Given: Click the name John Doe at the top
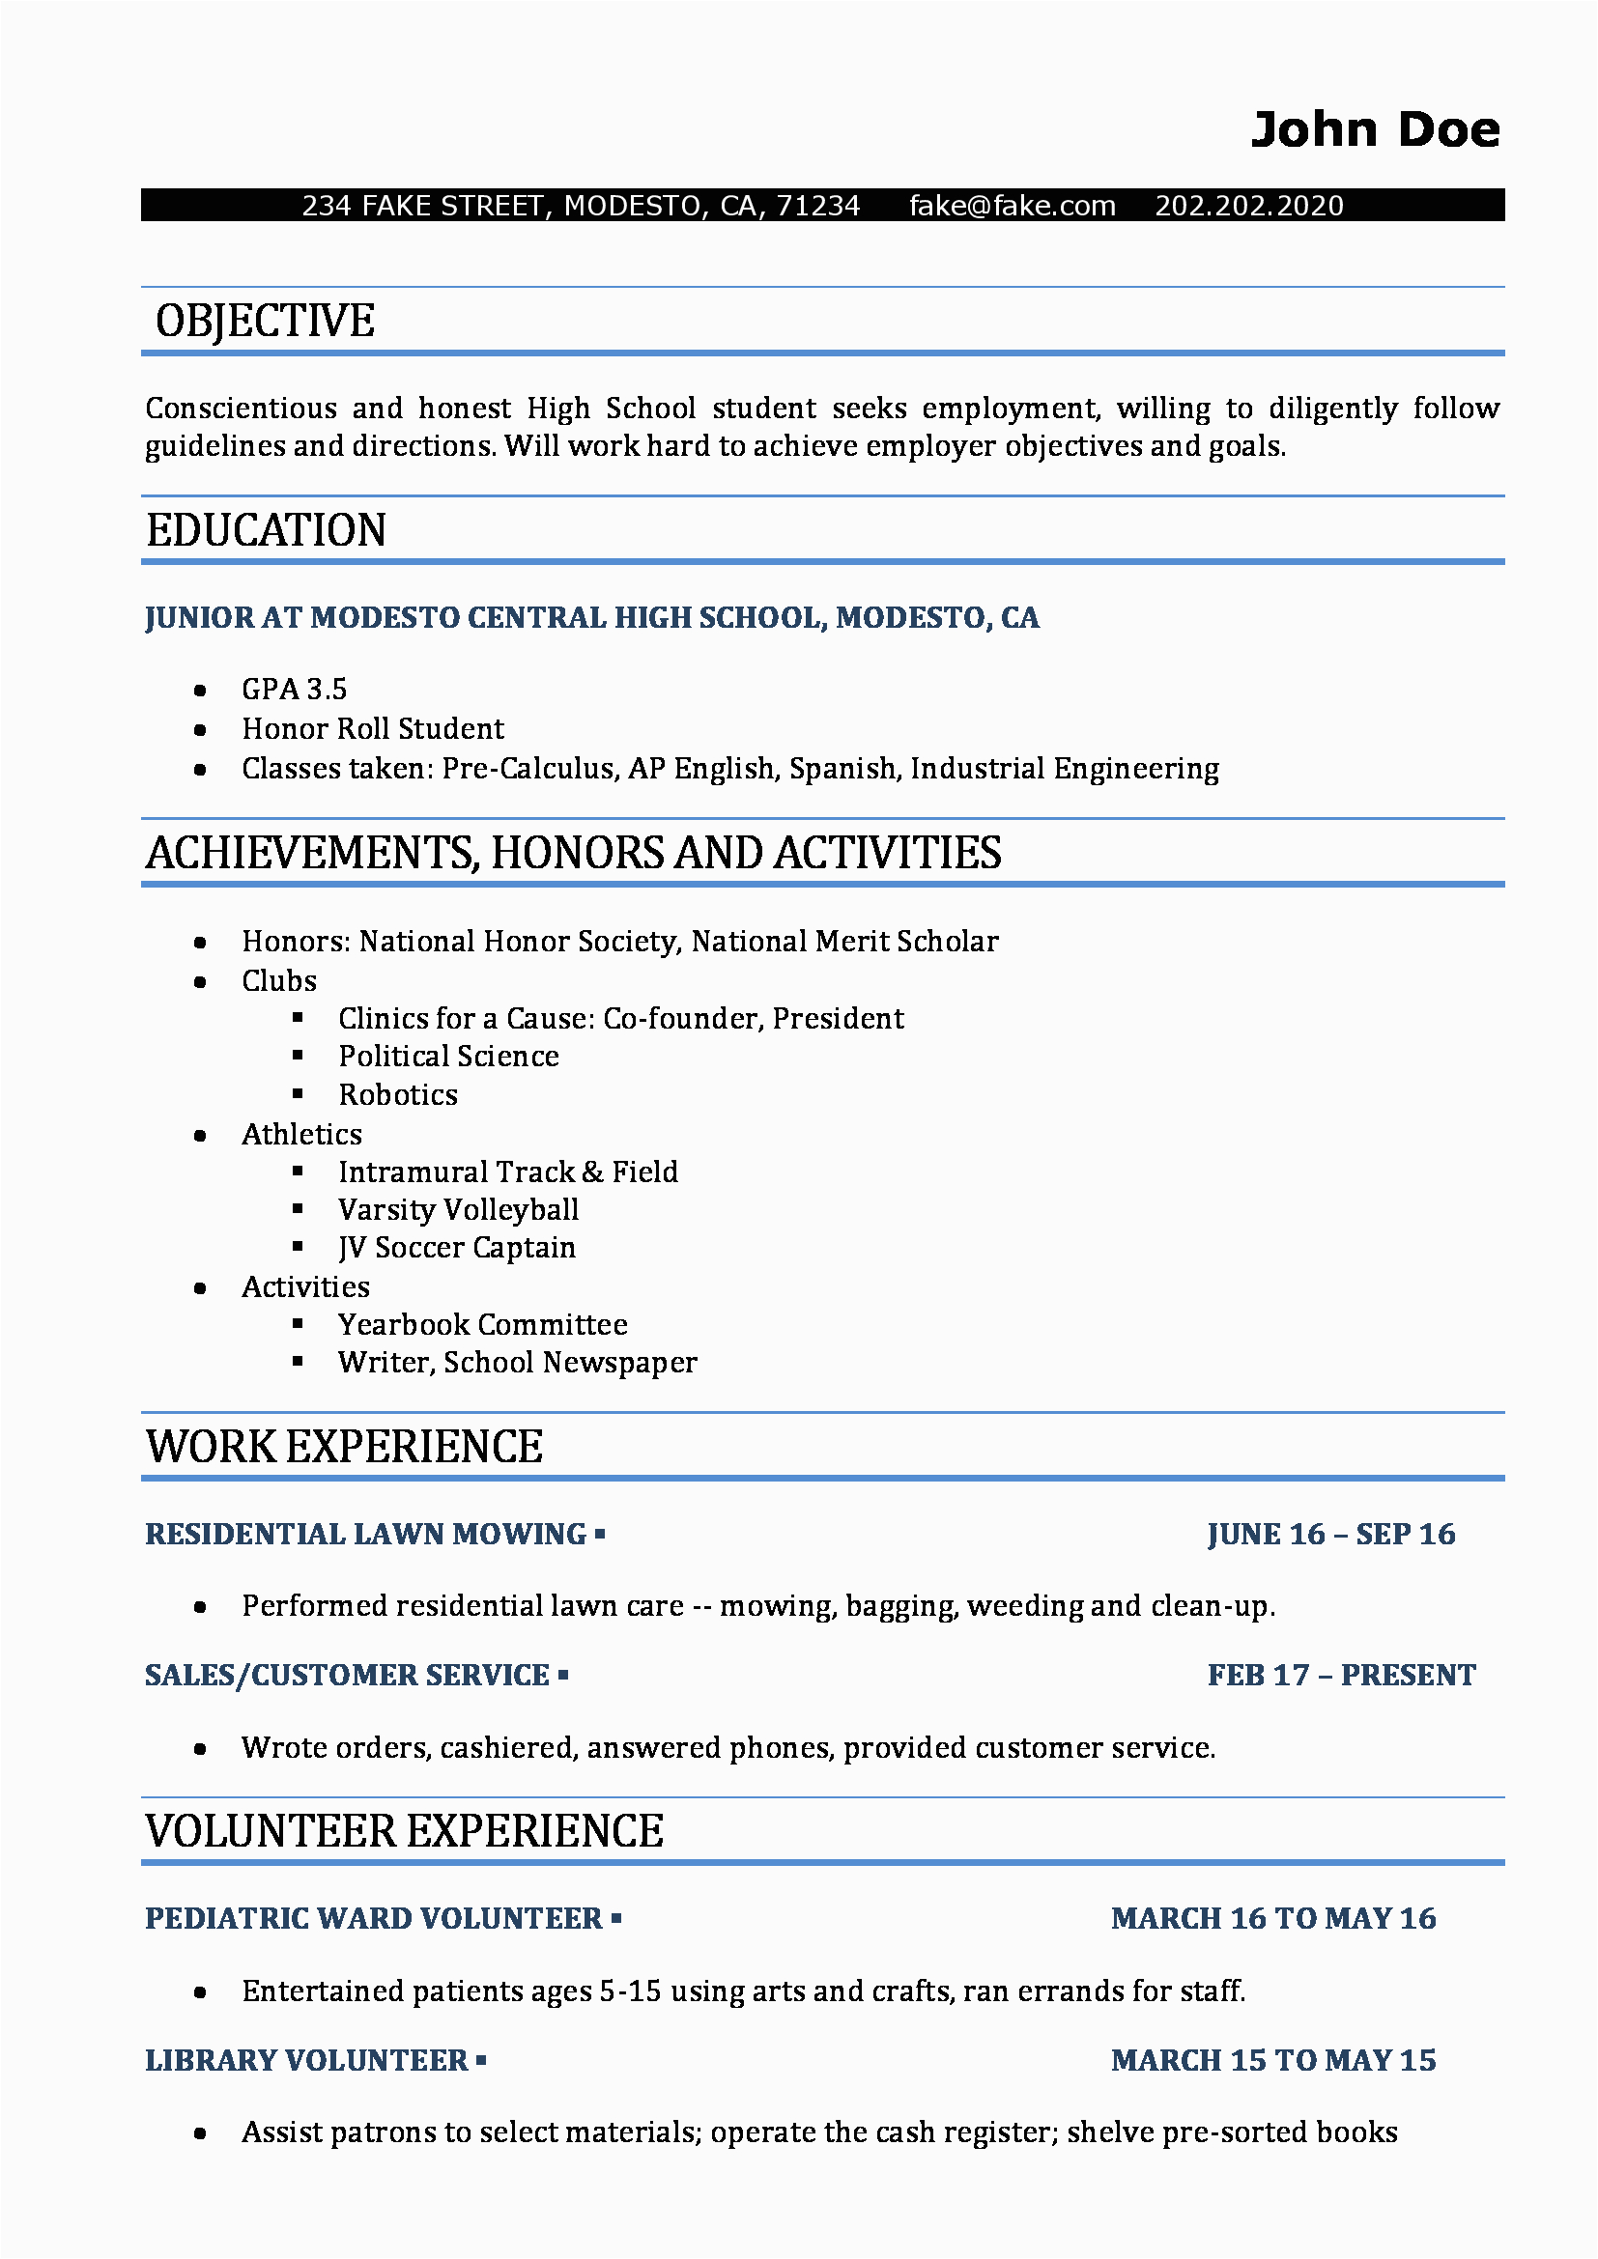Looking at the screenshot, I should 1375,130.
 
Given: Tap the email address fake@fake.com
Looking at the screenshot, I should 1012,206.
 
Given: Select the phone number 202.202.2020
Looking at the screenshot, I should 1247,206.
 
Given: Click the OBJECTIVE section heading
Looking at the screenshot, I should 265,322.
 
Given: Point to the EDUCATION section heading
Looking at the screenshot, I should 266,530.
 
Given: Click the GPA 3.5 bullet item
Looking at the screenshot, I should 295,690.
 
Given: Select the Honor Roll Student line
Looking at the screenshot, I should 372,729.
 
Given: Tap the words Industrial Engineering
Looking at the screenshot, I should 1064,769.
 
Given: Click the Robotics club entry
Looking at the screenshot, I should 397,1095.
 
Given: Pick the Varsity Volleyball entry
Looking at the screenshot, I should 458,1210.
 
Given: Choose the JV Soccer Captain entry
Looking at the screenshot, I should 457,1248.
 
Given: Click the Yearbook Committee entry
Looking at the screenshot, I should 482,1325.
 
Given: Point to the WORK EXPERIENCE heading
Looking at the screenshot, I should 343,1448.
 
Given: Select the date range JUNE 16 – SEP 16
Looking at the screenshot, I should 1330,1534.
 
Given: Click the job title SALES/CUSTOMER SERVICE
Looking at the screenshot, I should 347,1676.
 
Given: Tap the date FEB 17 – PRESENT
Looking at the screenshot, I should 1340,1676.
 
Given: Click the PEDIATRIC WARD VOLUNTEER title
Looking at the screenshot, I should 373,1919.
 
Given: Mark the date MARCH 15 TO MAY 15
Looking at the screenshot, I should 1272,2060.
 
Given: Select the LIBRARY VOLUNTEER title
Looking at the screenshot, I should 306,2060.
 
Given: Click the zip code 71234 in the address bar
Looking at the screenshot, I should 817,206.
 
